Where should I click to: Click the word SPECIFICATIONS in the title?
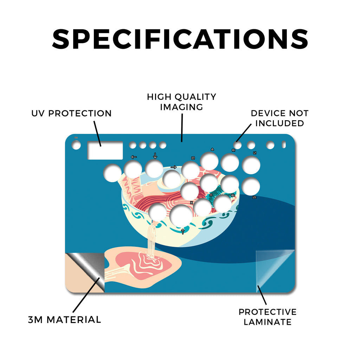[x=180, y=39]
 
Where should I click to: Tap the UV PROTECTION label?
[x=71, y=114]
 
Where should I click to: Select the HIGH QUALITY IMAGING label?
[x=182, y=102]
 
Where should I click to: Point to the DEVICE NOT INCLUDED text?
[x=279, y=118]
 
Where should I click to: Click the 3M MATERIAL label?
[x=65, y=320]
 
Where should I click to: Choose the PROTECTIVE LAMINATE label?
[x=268, y=317]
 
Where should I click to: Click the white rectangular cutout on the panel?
[x=105, y=150]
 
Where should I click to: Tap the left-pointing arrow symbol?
[x=134, y=157]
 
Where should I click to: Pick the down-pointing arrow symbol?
[x=155, y=156]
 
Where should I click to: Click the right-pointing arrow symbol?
[x=174, y=167]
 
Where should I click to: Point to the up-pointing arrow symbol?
[x=183, y=231]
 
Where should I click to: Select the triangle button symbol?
[x=212, y=149]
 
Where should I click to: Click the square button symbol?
[x=193, y=158]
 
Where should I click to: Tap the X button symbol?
[x=192, y=203]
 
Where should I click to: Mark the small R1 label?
[x=233, y=150]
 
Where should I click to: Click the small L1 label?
[x=255, y=153]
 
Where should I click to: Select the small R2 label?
[x=233, y=195]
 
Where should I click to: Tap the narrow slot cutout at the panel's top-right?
[x=284, y=144]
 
